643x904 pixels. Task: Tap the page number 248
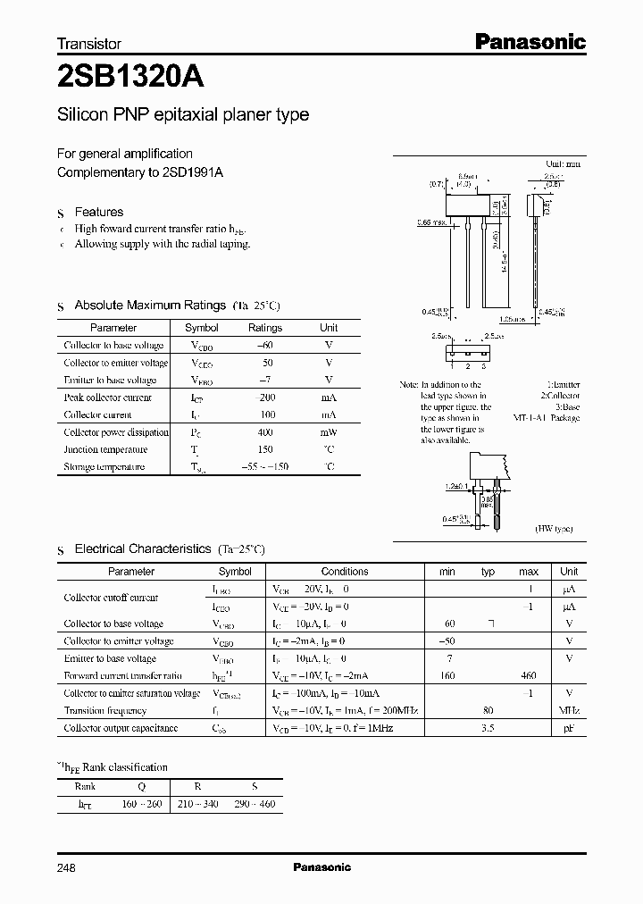[x=67, y=867]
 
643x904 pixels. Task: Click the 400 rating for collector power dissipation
[x=265, y=432]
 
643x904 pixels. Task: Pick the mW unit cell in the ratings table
[x=329, y=432]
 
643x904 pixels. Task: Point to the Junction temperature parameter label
[x=105, y=449]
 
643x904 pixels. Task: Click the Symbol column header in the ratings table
[x=201, y=328]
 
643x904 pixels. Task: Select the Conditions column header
[x=345, y=572]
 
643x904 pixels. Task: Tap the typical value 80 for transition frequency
[x=488, y=711]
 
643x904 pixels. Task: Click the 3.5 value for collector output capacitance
[x=488, y=728]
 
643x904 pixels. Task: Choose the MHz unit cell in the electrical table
[x=569, y=711]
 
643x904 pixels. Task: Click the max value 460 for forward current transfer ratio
[x=528, y=676]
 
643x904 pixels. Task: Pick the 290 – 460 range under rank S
[x=255, y=804]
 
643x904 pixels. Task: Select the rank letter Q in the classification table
[x=142, y=787]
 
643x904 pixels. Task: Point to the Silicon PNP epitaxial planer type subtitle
[x=183, y=115]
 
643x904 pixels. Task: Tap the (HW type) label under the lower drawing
[x=555, y=530]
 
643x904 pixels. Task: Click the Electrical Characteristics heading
[x=143, y=548]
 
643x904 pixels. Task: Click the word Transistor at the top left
[x=89, y=43]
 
